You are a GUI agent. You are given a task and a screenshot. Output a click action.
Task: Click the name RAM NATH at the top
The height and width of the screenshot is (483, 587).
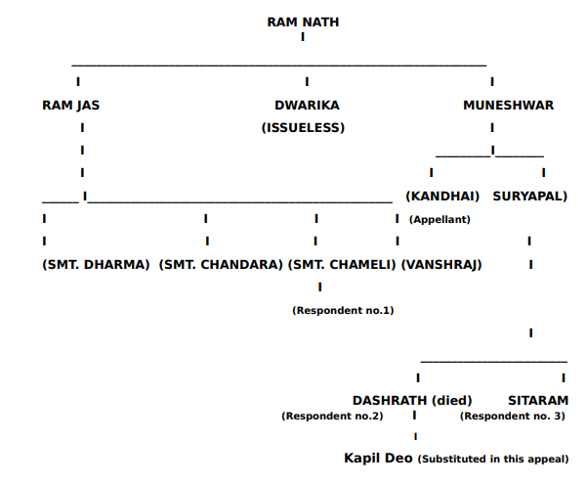[303, 22]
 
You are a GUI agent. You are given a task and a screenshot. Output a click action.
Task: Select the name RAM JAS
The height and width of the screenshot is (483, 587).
[70, 106]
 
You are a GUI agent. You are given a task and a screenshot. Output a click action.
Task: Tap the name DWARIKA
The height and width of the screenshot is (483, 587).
[307, 106]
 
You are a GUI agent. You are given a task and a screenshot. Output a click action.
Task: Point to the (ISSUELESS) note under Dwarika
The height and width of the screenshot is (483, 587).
[303, 127]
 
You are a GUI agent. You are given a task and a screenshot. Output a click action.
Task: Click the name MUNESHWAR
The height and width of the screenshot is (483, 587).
[508, 106]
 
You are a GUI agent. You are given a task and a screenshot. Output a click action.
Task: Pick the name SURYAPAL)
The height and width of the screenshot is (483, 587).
[529, 196]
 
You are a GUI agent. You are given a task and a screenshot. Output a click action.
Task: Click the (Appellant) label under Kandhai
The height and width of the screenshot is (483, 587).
[440, 220]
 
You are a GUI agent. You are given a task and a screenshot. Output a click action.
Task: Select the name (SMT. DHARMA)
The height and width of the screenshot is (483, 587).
[96, 265]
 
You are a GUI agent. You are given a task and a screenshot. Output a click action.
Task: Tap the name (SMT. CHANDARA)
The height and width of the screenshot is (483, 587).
[221, 265]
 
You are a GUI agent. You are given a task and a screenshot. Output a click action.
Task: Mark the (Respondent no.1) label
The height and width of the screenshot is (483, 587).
[343, 310]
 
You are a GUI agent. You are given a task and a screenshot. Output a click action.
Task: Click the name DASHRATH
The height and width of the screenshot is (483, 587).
[389, 400]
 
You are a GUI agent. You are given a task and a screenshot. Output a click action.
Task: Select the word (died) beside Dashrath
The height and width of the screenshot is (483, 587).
[452, 400]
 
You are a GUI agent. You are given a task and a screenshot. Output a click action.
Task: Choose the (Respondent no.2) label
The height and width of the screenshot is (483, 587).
[332, 417]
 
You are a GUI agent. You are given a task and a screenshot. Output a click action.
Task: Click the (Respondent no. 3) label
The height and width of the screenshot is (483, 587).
[512, 417]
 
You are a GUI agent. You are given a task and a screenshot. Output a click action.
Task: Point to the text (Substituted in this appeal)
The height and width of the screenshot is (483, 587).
[493, 459]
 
